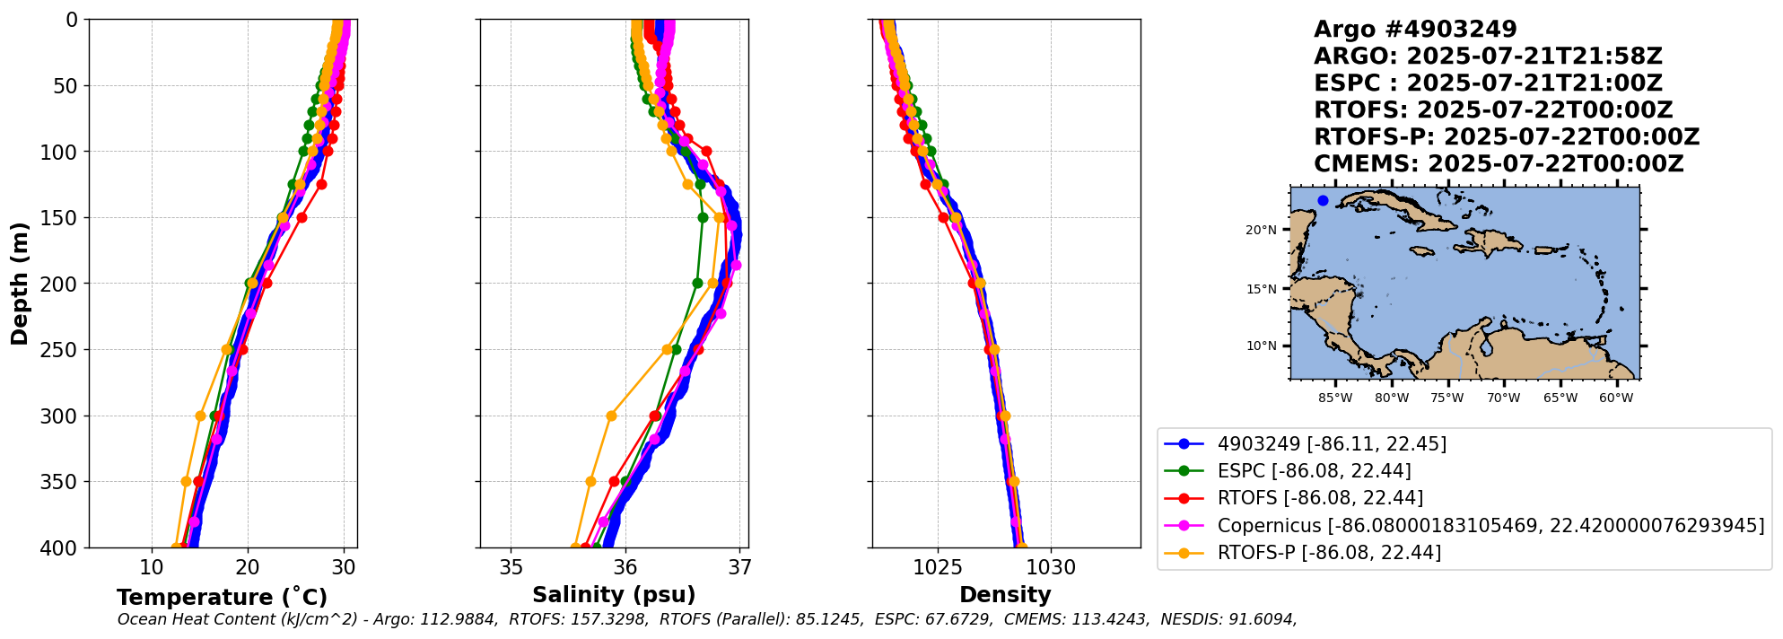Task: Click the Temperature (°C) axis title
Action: pos(222,598)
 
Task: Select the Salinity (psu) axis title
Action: pos(614,595)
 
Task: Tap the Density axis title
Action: pos(1005,595)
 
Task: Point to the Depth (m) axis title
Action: pos(19,284)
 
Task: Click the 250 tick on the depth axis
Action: pos(63,350)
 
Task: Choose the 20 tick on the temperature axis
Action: pos(248,568)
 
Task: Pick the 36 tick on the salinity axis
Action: pos(625,568)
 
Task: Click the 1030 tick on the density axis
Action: pos(1051,568)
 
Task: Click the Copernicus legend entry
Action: pos(1490,526)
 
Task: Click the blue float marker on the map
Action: pos(1323,200)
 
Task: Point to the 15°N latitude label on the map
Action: pos(1261,289)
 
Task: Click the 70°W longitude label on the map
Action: pos(1504,398)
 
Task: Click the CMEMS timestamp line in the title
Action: pos(1499,164)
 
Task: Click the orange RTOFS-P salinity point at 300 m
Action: pos(611,416)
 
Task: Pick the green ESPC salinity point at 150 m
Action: pos(703,217)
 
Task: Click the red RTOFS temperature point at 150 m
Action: pos(302,217)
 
